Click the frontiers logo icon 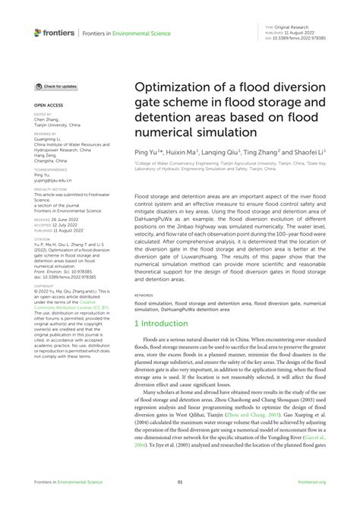[38, 33]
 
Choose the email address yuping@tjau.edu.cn [52, 180]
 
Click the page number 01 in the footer [180, 482]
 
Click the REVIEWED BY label [46, 132]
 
